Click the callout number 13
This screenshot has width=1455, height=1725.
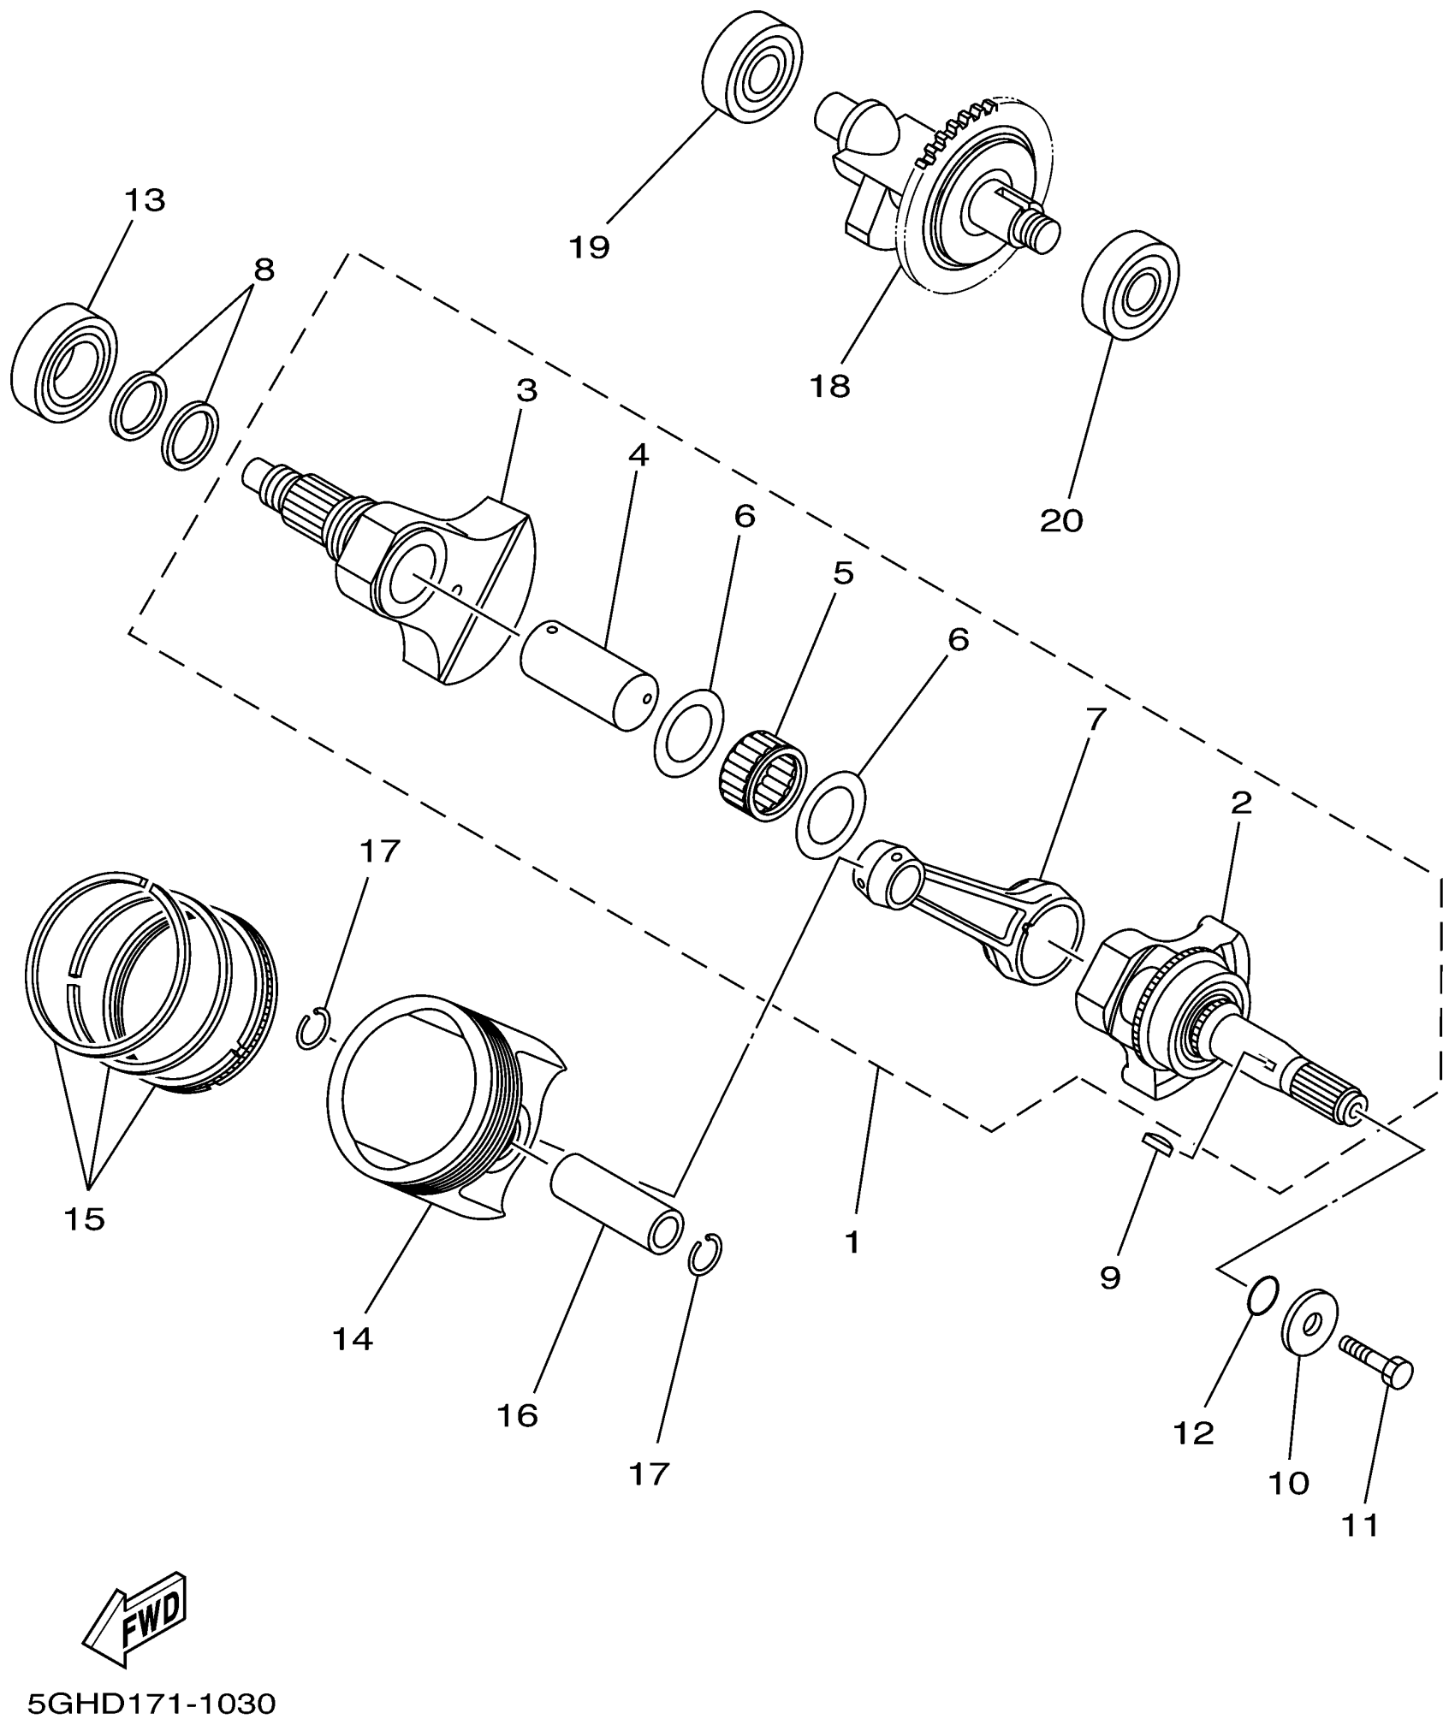point(145,200)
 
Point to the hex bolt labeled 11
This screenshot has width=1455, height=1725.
point(1377,1368)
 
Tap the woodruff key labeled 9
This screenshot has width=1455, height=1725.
point(1160,1143)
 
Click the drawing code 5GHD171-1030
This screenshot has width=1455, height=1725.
point(151,1703)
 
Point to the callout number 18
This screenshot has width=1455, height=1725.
point(830,387)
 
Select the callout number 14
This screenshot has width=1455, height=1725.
point(353,1339)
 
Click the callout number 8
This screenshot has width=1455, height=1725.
point(264,270)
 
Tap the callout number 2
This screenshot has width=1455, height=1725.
point(1241,803)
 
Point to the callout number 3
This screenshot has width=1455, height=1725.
point(526,391)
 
